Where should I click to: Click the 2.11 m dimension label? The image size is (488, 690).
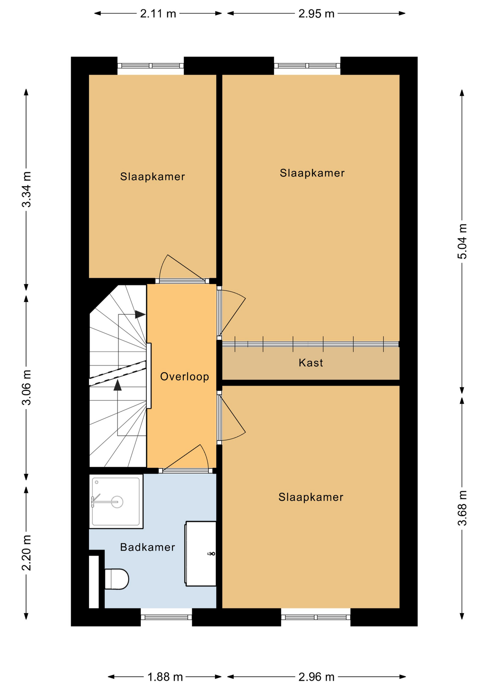point(158,14)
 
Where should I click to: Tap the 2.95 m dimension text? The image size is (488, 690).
point(316,14)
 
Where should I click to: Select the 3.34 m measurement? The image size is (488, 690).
point(27,189)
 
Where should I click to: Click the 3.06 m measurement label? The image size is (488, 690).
point(27,387)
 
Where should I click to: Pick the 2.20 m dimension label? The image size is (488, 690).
point(27,553)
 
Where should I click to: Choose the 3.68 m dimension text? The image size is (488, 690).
point(462,508)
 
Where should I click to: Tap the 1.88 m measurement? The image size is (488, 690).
point(165,677)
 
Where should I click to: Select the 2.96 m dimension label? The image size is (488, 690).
point(316,677)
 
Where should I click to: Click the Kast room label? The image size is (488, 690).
point(311,363)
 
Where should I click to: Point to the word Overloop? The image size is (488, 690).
point(184,377)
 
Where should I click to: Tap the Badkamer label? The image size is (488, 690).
point(148,547)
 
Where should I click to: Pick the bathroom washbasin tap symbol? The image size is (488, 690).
point(211,554)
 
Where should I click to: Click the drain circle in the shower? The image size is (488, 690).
point(117,502)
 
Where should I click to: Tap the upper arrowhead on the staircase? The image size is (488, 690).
point(140,314)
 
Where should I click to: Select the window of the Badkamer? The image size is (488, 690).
point(166,617)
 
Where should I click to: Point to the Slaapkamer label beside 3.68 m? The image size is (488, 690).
point(311,497)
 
